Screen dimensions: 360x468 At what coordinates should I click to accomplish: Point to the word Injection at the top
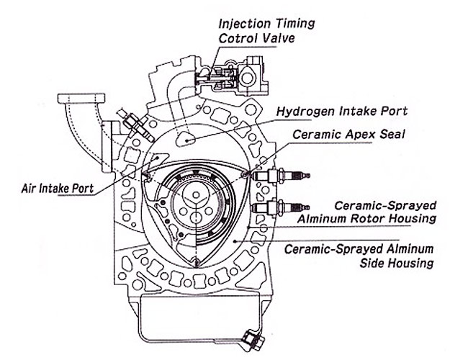[x=247, y=22]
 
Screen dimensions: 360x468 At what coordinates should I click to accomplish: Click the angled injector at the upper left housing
[x=132, y=127]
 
